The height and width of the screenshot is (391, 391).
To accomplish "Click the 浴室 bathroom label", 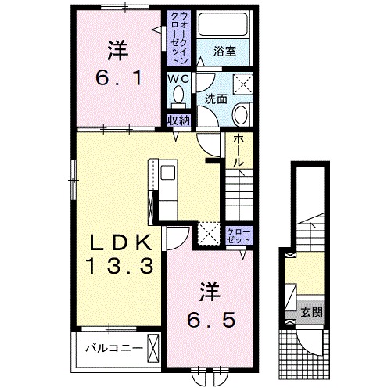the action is point(224,51).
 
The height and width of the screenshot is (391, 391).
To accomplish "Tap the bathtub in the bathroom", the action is point(222,24).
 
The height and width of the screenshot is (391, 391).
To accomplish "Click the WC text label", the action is point(178,79).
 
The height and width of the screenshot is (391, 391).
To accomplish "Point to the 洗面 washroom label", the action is point(216,99).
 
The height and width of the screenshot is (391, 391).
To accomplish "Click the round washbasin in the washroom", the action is point(242,114).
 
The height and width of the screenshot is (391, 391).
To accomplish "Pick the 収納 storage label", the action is point(178,120).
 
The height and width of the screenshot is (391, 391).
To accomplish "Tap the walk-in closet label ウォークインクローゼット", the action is point(178,38).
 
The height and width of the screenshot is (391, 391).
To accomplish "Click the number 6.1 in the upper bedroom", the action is point(119,78).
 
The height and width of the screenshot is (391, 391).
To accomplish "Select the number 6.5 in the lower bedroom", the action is point(212,320).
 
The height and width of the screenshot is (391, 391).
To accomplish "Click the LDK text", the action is point(120,243).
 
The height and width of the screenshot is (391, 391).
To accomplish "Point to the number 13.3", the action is point(120,266).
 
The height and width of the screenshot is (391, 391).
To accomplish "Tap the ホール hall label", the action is point(239,150).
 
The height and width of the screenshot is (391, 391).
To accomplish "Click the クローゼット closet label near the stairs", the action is point(239,235).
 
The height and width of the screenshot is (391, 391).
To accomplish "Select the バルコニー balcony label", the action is point(115,348).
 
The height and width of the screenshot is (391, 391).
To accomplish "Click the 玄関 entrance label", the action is point(312,312).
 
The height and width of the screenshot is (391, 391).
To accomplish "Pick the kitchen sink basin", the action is point(168,172).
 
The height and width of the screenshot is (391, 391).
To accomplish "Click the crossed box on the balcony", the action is point(153,347).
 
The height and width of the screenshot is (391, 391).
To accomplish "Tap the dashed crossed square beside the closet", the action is point(209,234).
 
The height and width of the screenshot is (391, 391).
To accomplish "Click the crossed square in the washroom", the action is point(243,84).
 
